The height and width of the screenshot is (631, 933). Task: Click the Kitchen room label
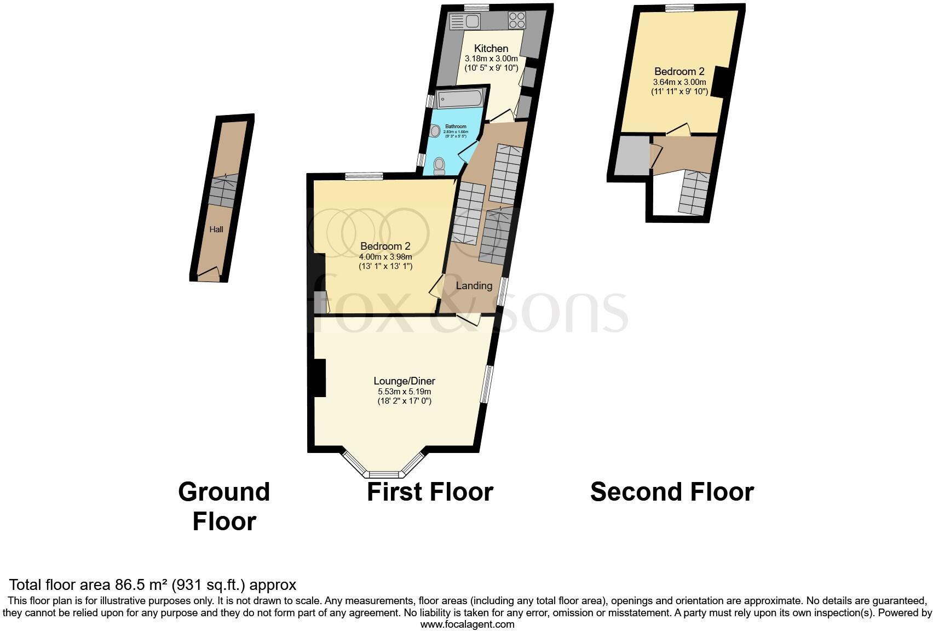[491, 48]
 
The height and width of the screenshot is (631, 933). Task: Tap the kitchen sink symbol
[464, 22]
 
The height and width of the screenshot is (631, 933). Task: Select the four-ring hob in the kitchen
[516, 20]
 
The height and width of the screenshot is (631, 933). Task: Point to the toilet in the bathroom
[439, 165]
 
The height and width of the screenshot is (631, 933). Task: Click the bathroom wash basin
[436, 131]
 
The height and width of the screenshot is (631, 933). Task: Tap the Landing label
[474, 285]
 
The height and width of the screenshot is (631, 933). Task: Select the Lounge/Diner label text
[404, 381]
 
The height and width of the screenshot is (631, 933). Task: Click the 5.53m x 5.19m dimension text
[404, 392]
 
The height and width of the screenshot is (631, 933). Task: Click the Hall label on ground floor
[216, 230]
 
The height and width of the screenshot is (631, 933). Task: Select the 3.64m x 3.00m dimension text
[679, 82]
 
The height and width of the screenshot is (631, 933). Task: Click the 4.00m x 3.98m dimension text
[385, 256]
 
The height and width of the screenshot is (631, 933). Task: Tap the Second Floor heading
[672, 492]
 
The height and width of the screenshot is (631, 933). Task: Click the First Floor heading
[430, 492]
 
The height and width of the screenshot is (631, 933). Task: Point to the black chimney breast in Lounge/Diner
[320, 377]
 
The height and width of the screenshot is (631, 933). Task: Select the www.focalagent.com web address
[467, 624]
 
